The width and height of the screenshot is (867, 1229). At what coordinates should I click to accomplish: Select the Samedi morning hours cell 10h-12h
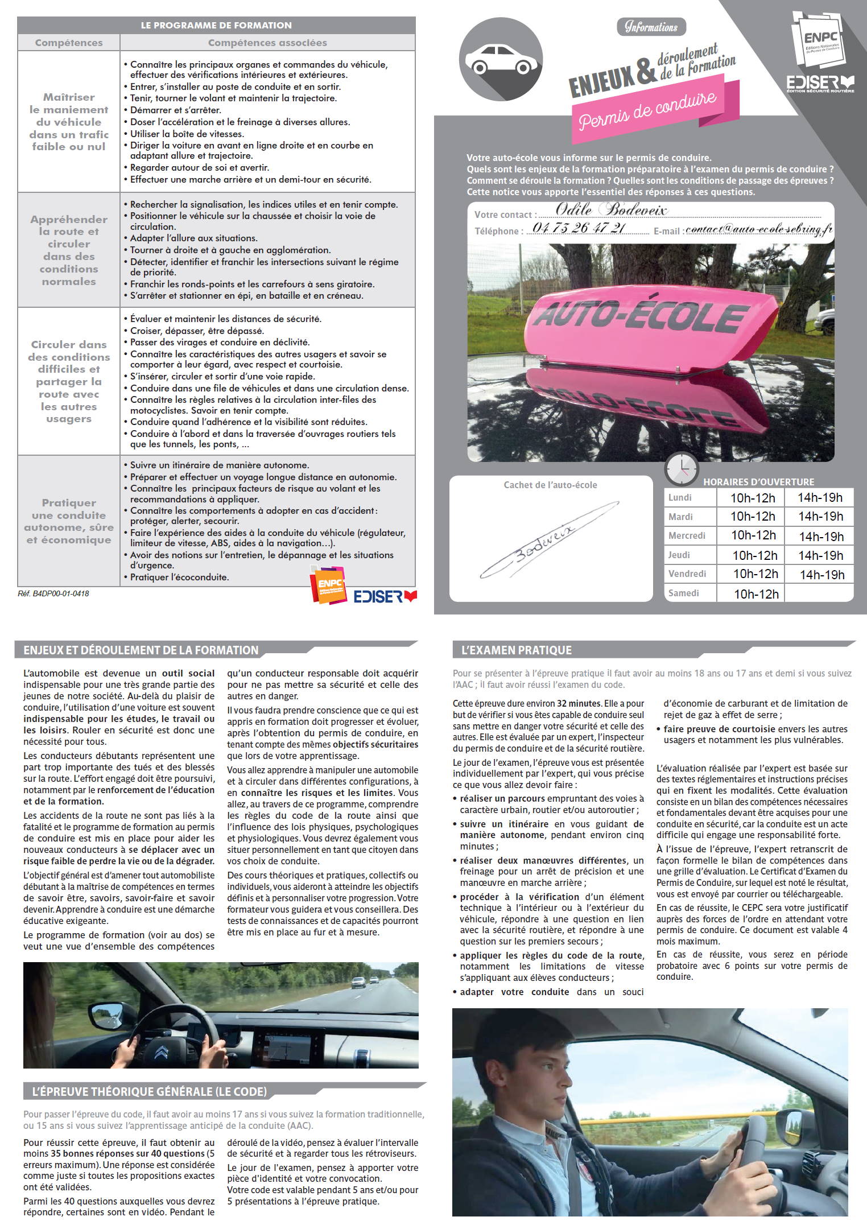coord(755,593)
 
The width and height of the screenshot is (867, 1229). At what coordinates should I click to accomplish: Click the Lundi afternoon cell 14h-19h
coord(819,497)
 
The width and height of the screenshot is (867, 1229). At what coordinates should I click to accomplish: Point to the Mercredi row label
coord(687,535)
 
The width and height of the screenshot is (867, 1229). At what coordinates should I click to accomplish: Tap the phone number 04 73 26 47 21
coord(579,228)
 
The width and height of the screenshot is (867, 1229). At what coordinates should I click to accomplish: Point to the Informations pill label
coord(651,27)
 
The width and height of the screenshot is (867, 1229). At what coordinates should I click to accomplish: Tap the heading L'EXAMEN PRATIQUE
coord(516,650)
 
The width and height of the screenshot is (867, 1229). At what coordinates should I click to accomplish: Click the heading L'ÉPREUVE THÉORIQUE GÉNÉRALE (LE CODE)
coord(150,1091)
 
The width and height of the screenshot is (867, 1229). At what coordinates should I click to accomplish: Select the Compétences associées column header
coord(267,43)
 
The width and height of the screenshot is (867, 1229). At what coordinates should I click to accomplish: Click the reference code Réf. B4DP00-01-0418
coord(53,593)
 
